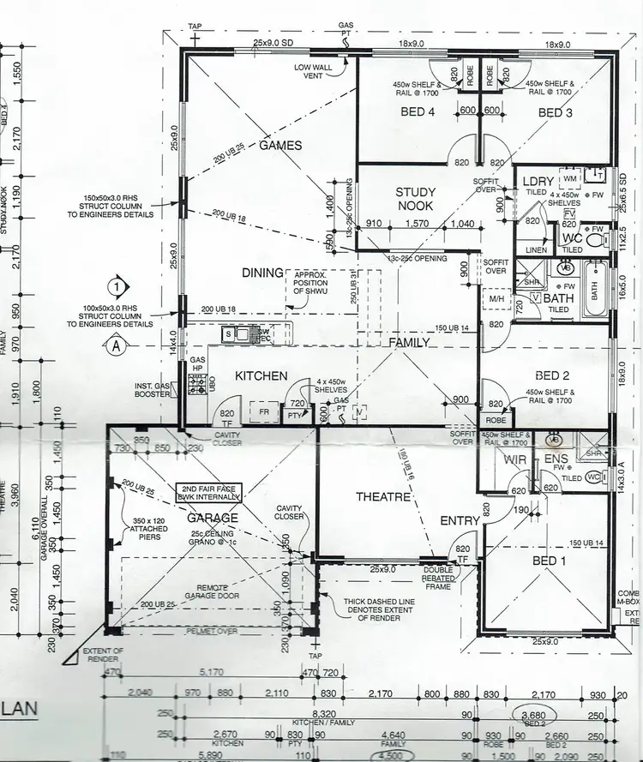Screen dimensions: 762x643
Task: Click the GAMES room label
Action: click(280, 146)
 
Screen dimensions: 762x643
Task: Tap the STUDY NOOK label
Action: click(415, 199)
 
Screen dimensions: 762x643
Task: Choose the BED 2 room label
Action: click(553, 375)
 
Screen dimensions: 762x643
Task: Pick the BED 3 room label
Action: click(556, 112)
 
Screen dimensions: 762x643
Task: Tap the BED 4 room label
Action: click(418, 112)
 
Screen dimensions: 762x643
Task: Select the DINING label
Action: click(262, 273)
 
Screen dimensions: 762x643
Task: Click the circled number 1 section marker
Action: click(117, 285)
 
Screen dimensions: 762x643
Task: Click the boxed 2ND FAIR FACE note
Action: click(209, 492)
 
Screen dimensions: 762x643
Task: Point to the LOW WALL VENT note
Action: click(314, 71)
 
